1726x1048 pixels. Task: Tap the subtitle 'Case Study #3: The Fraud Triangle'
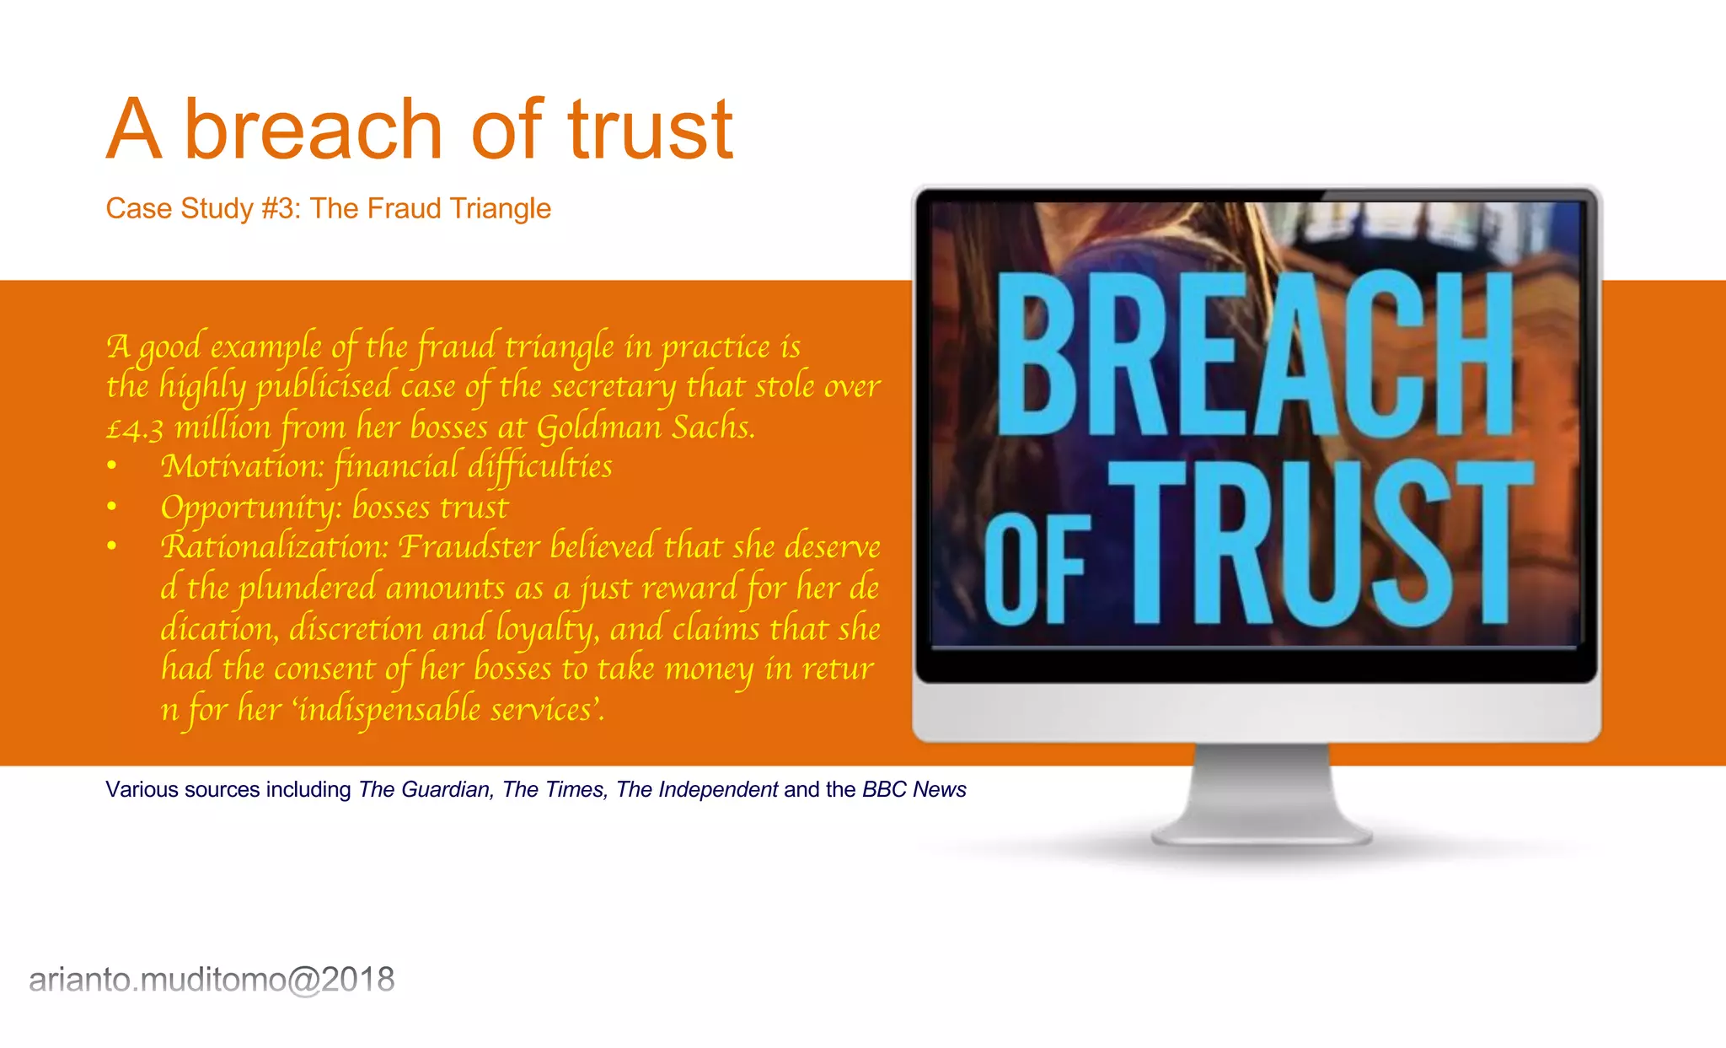pyautogui.click(x=328, y=208)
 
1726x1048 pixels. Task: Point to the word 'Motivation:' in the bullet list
pyautogui.click(x=243, y=466)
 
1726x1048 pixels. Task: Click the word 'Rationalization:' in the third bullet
pyautogui.click(x=275, y=546)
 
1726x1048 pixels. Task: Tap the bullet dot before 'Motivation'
pyautogui.click(x=112, y=466)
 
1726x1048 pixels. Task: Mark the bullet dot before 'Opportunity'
pyautogui.click(x=112, y=507)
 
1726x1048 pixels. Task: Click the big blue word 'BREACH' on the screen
pyautogui.click(x=1256, y=354)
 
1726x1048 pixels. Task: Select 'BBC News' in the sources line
pyautogui.click(x=914, y=790)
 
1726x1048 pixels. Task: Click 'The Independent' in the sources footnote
pyautogui.click(x=697, y=790)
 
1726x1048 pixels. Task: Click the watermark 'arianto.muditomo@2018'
pyautogui.click(x=212, y=980)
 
